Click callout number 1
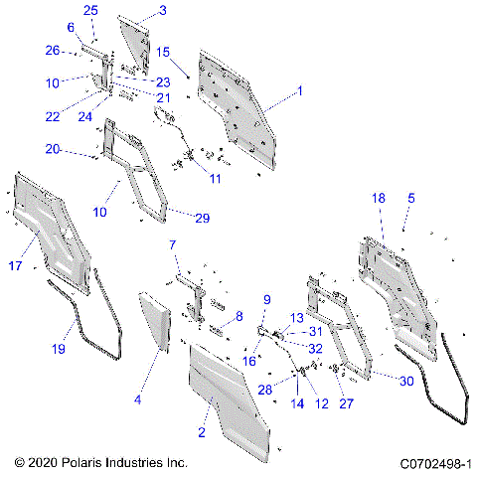pyautogui.click(x=299, y=89)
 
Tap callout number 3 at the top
pyautogui.click(x=162, y=10)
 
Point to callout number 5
pyautogui.click(x=410, y=198)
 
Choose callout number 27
pyautogui.click(x=347, y=403)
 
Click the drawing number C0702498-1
pyautogui.click(x=434, y=463)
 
